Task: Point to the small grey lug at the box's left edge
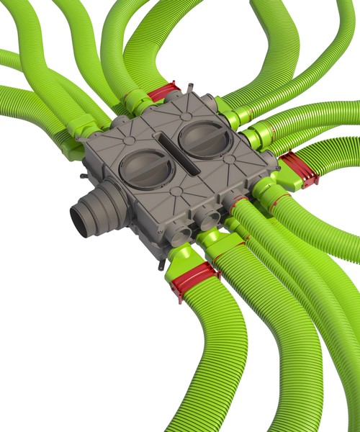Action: (84, 173)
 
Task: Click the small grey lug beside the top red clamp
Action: (192, 88)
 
